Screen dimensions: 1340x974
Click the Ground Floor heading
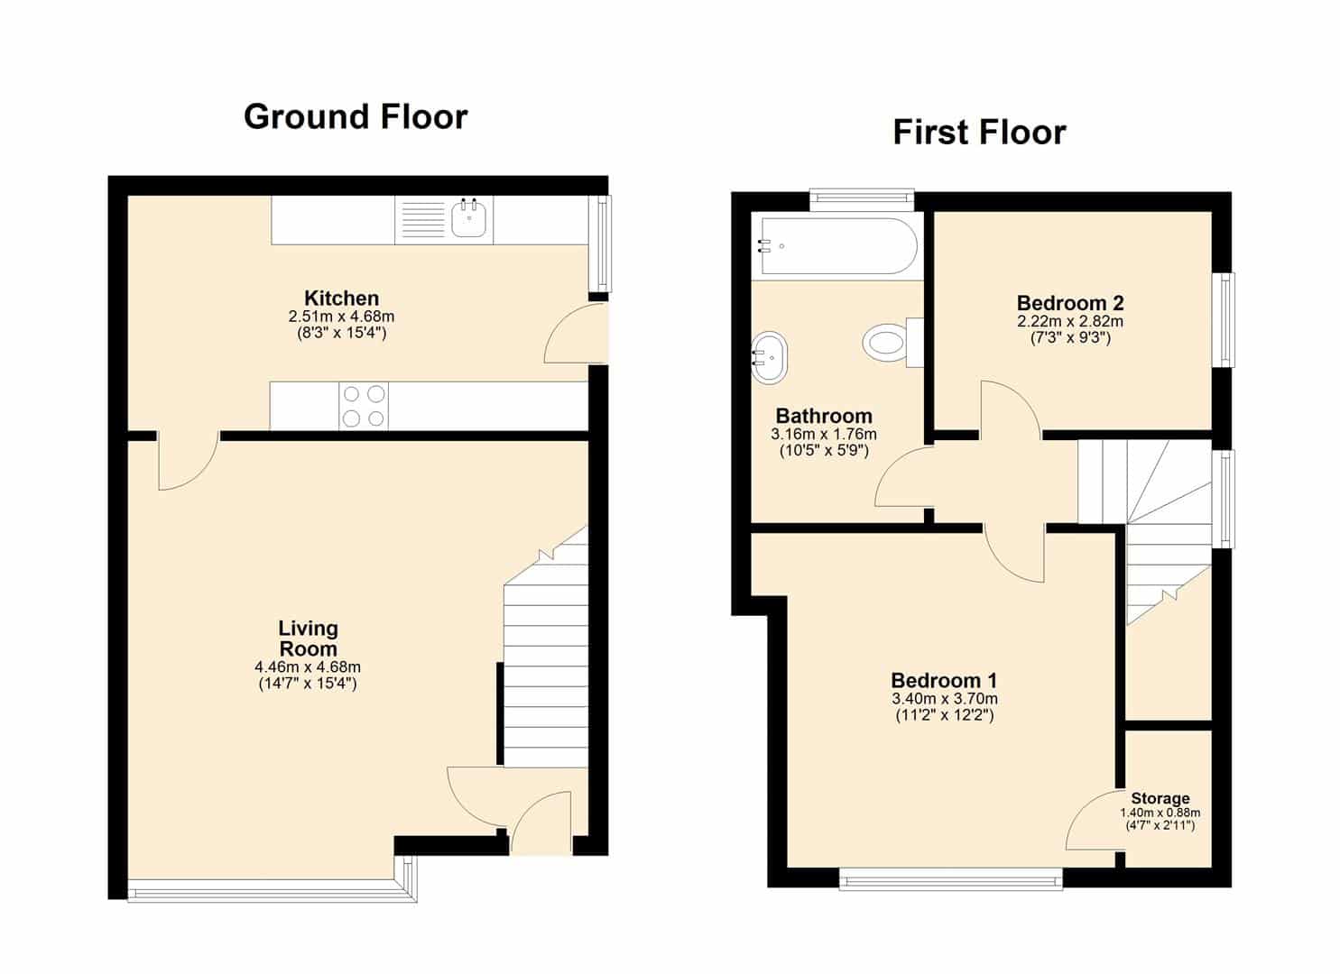coord(356,117)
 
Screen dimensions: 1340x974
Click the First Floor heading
coord(979,133)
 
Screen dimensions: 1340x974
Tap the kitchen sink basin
coord(468,218)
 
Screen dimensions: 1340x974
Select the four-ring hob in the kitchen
coord(364,406)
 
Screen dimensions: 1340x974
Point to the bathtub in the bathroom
coord(838,245)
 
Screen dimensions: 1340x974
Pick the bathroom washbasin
coord(770,357)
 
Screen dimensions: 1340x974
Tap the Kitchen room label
coord(342,298)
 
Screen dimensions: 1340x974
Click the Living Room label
coord(308,639)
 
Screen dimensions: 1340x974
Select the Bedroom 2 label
coord(1070,303)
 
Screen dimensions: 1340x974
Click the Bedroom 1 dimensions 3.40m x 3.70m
coord(945,698)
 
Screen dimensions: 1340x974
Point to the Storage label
coord(1160,798)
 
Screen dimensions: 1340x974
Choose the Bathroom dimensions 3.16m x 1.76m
coord(824,434)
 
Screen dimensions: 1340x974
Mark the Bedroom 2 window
coord(1224,320)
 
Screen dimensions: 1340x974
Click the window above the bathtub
coord(862,199)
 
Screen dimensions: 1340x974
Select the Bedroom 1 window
coord(950,878)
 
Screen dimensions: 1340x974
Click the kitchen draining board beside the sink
coord(421,220)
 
